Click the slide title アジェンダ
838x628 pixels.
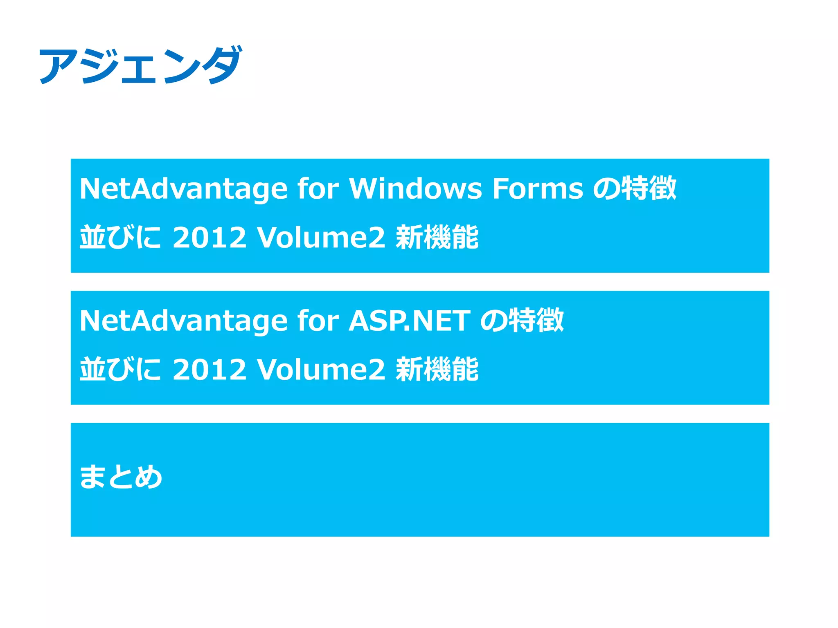pos(140,65)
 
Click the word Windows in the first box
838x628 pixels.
pos(415,189)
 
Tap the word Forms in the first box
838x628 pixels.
pos(538,189)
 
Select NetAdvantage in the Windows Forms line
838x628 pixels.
pos(183,189)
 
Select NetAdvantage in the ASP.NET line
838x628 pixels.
pos(183,321)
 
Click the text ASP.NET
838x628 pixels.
pos(409,321)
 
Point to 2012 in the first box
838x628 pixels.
pos(209,238)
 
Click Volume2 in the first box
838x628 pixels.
pos(321,238)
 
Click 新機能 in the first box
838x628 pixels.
pos(437,238)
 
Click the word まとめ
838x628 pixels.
pos(121,477)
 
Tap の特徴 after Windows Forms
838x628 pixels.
pos(635,189)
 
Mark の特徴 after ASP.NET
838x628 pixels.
pos(522,321)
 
